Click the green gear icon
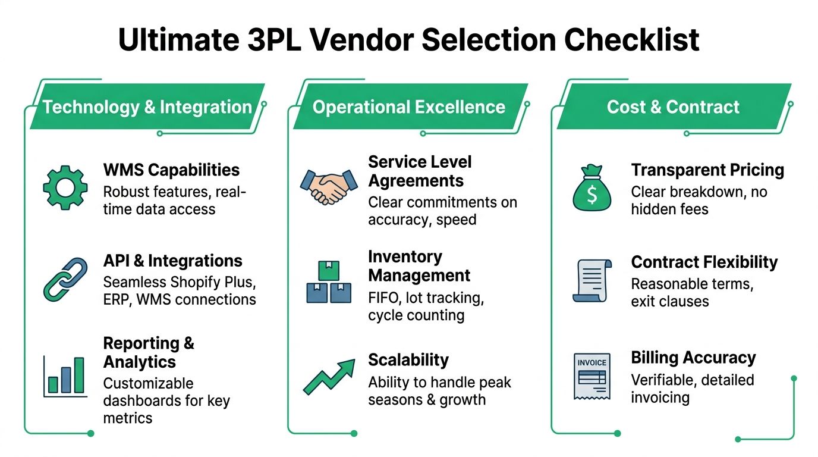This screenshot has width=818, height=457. (x=65, y=187)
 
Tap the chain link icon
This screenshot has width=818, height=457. (x=65, y=279)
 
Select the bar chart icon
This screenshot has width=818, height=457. (x=65, y=376)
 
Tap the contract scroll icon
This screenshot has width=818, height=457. (x=591, y=280)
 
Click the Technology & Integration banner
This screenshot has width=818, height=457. (x=147, y=107)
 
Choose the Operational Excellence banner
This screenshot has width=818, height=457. (x=409, y=107)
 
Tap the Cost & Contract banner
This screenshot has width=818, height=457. (x=673, y=107)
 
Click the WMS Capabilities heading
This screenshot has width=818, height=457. (x=171, y=170)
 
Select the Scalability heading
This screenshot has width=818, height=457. (x=408, y=360)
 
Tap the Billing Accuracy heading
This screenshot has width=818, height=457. (x=693, y=358)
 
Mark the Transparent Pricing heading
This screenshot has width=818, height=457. (x=707, y=170)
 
